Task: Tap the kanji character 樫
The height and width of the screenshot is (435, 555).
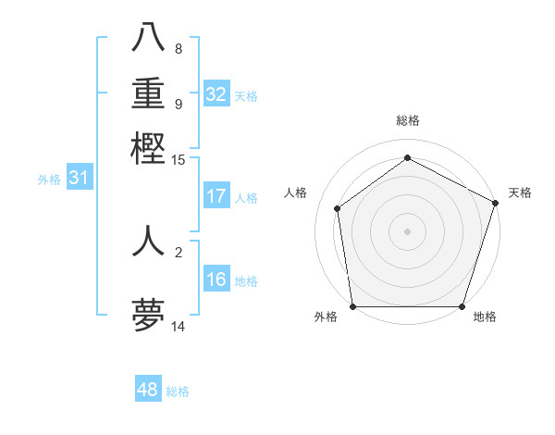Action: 149,148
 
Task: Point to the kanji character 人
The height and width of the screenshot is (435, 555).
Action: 149,240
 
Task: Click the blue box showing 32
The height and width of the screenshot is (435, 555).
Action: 216,94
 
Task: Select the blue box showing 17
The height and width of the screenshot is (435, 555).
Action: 216,196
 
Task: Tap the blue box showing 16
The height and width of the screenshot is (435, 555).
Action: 216,280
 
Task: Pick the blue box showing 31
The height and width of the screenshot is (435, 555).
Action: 79,178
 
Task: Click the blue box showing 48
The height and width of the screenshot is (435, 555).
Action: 148,390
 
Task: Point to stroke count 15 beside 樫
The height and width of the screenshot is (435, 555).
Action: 179,160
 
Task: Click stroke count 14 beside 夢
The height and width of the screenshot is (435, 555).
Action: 179,327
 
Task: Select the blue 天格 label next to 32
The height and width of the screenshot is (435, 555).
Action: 246,96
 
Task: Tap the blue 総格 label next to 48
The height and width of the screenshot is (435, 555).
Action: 178,391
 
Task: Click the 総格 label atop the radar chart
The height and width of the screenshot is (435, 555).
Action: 407,120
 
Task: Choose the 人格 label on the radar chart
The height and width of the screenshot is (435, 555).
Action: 296,193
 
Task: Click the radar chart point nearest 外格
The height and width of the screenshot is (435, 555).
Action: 352,306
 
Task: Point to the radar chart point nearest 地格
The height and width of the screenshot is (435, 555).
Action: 462,306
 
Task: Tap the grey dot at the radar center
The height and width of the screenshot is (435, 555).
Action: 407,230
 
